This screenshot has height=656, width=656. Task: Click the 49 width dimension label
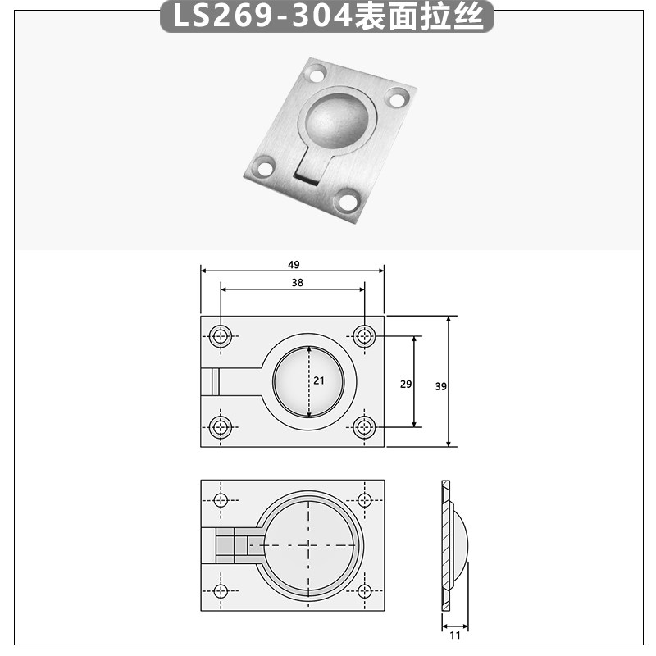(294, 264)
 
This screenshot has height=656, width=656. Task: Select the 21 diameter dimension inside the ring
(318, 380)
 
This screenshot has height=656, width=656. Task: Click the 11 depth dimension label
(455, 635)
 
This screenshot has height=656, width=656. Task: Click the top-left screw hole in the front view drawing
(221, 335)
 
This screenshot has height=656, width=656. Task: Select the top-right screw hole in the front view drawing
(365, 335)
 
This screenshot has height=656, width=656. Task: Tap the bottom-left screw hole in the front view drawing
(221, 426)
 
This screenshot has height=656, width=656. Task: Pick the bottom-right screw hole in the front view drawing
(365, 426)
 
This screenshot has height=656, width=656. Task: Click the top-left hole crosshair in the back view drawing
(221, 500)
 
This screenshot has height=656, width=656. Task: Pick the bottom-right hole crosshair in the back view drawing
(365, 590)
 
